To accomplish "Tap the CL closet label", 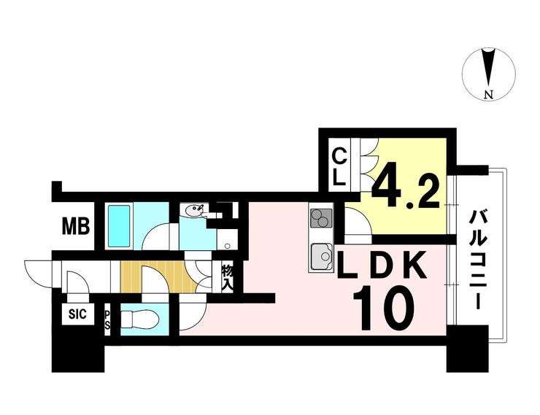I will pos(339,166).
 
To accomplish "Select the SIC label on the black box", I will pos(77,315).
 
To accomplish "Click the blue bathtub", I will pos(118,226).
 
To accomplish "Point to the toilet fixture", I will pos(139,319).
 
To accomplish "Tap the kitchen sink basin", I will pos(321,256).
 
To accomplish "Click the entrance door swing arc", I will pos(36,271).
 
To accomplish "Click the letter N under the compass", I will pos(489,94).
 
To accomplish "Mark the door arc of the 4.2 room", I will pos(358,222).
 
